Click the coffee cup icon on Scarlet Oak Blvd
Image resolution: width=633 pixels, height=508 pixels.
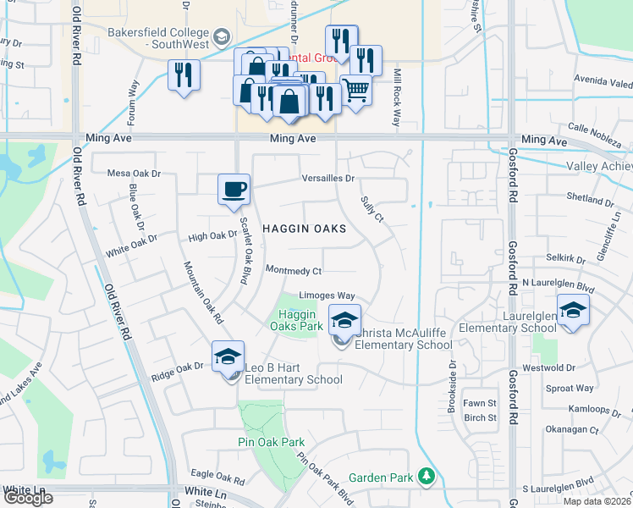(x=234, y=190)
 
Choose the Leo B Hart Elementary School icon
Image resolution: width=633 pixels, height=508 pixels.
(x=228, y=356)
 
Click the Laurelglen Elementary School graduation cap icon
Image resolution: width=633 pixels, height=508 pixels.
(x=573, y=309)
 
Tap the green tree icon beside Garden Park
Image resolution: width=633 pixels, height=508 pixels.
(x=428, y=478)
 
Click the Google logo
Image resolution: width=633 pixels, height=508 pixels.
(x=28, y=498)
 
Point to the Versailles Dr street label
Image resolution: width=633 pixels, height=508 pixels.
(x=328, y=179)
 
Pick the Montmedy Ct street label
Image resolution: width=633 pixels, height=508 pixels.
(x=294, y=271)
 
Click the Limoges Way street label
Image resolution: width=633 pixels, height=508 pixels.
(x=327, y=295)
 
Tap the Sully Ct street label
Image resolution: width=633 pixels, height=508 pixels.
(x=372, y=208)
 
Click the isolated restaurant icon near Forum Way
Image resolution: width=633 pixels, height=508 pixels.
(x=183, y=75)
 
